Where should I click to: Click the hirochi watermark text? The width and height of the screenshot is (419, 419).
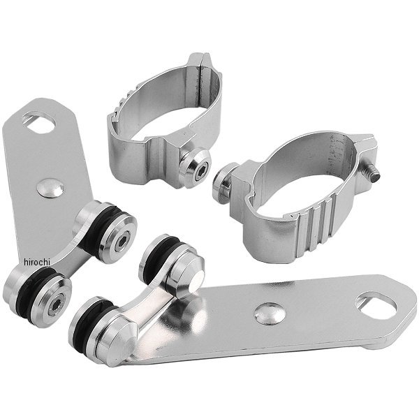click(37, 263)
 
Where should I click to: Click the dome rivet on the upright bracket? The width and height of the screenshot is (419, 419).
click(50, 188)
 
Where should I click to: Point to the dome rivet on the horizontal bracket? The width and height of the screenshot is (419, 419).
click(270, 314)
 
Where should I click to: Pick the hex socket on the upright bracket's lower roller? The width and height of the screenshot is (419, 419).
click(57, 304)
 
